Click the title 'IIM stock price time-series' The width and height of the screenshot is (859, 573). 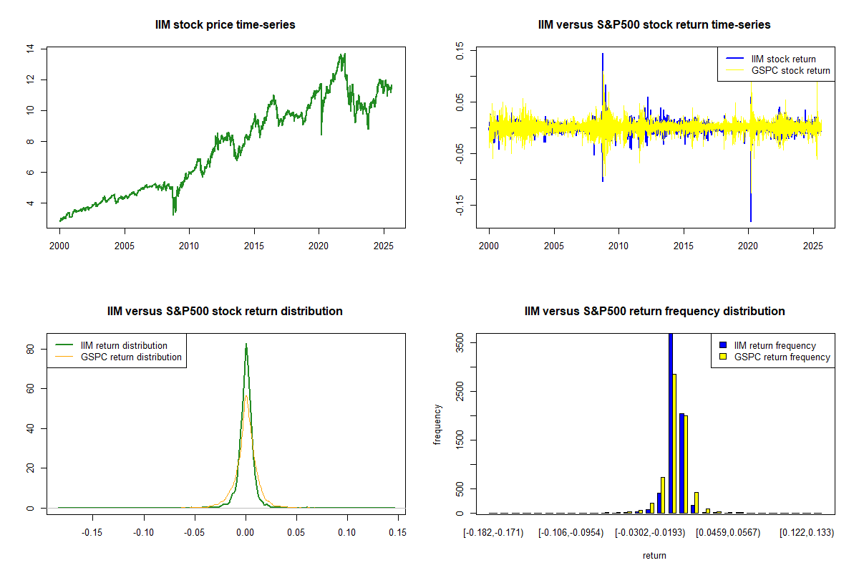click(225, 25)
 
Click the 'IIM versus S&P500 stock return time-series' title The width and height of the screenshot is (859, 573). click(654, 25)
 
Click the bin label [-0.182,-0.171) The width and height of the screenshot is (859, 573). click(492, 533)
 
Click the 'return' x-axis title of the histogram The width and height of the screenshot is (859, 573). click(654, 555)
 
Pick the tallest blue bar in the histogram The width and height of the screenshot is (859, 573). click(671, 423)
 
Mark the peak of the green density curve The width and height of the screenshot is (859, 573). click(246, 344)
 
